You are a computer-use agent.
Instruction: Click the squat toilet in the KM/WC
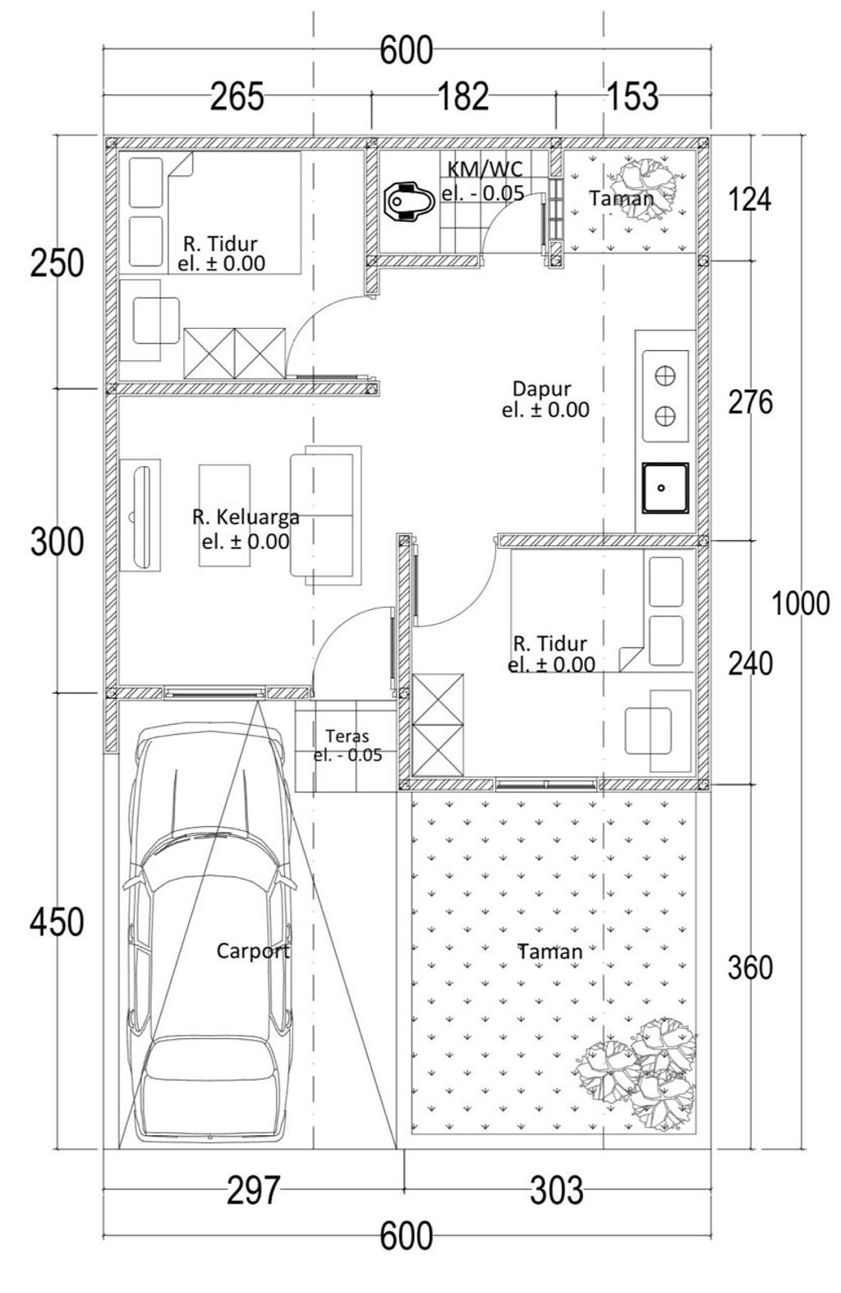coord(408,201)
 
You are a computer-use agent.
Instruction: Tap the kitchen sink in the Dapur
coord(665,488)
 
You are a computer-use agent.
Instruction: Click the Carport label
coord(253,951)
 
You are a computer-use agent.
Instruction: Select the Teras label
coord(347,737)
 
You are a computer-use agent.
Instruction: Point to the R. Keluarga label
coord(246,517)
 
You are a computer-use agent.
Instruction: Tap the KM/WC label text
coord(485,169)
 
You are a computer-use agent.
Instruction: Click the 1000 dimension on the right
coord(801,604)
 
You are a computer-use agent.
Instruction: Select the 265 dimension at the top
coord(237,97)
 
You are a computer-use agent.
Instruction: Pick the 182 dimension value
coord(463,97)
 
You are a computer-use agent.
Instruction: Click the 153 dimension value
coord(633,97)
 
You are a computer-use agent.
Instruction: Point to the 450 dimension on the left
coord(57,922)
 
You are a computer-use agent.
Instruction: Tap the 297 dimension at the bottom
coord(253,1190)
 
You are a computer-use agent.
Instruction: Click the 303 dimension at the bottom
coord(557,1190)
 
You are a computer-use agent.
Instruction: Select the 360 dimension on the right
coord(750,967)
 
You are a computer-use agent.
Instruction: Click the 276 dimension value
coord(751,402)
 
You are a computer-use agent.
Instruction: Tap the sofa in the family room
coord(325,515)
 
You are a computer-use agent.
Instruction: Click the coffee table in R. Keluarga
coord(224,515)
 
